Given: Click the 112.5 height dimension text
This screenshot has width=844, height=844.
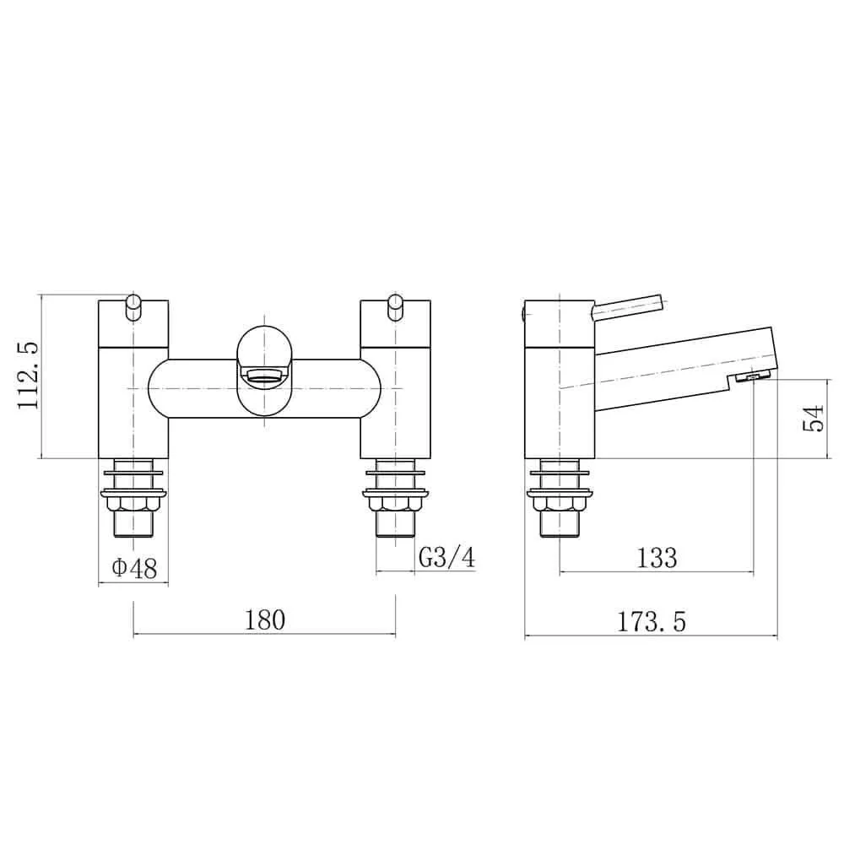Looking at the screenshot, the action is pyautogui.click(x=30, y=376).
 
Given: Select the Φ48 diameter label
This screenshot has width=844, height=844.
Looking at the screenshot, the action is pyautogui.click(x=134, y=568).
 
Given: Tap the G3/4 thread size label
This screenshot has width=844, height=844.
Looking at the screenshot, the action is pyautogui.click(x=446, y=558).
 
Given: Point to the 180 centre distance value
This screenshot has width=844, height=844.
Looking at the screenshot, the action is pyautogui.click(x=265, y=620).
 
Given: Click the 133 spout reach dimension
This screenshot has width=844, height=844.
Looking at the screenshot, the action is pyautogui.click(x=656, y=558).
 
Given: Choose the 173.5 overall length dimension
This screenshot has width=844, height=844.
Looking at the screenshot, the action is pyautogui.click(x=652, y=623).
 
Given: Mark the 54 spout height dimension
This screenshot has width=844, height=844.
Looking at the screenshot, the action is pyautogui.click(x=814, y=419).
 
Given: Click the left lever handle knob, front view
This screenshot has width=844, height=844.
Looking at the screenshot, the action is pyautogui.click(x=133, y=307).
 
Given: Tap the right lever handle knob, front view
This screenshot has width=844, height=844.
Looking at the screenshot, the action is pyautogui.click(x=396, y=307).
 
